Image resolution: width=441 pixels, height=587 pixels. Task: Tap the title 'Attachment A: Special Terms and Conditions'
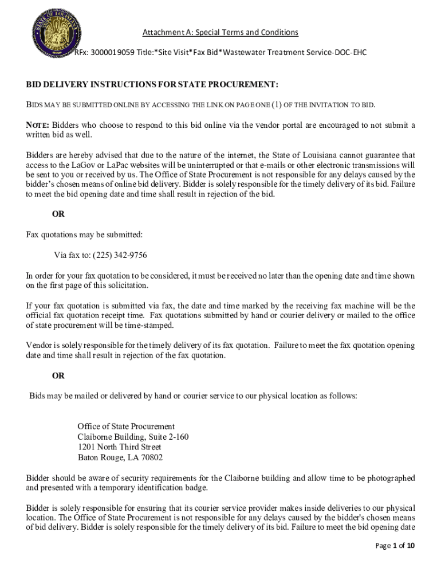[x=220, y=32]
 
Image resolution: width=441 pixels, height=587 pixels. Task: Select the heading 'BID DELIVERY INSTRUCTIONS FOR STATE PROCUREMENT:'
[x=152, y=85]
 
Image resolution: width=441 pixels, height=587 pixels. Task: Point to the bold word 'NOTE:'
[x=38, y=125]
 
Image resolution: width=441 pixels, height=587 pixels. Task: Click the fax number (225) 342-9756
[x=116, y=255]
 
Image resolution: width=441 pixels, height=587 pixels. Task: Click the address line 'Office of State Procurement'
[x=126, y=426]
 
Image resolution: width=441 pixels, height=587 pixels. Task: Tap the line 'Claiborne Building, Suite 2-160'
[x=133, y=437]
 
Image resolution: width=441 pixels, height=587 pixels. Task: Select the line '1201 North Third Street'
[x=119, y=447]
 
